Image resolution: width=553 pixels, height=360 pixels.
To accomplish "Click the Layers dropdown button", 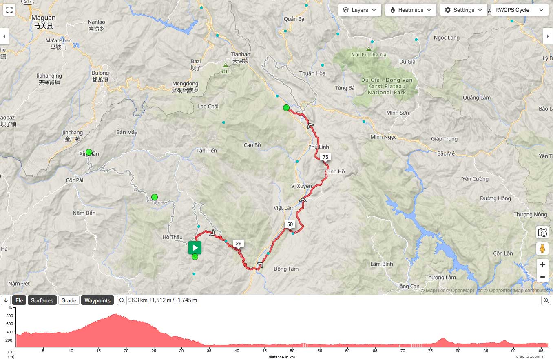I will tap(360, 10).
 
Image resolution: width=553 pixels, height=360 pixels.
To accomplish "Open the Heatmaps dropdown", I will tap(411, 10).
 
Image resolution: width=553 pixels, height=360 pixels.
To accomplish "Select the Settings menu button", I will tap(464, 10).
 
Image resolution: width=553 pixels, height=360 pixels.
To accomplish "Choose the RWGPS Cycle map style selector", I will tap(520, 10).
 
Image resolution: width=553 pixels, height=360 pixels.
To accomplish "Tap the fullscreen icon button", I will tap(10, 10).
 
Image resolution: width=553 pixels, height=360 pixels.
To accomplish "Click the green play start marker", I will tap(195, 248).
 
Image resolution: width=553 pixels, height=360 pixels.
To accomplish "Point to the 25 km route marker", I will tap(239, 244).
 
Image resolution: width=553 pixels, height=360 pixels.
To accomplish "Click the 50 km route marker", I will tap(290, 224).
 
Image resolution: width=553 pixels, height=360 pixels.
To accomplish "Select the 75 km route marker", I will tap(325, 157).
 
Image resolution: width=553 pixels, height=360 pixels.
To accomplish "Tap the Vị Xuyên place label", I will tap(301, 186).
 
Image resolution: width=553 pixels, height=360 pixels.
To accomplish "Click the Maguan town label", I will tap(44, 18).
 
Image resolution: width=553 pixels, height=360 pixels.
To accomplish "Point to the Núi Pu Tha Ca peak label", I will tap(369, 55).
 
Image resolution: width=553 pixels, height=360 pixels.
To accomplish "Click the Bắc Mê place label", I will tap(445, 153).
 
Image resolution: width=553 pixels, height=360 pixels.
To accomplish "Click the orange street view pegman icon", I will tap(542, 248).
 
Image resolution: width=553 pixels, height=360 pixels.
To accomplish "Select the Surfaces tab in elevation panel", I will tap(42, 300).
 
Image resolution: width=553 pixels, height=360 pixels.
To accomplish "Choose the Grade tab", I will tap(69, 300).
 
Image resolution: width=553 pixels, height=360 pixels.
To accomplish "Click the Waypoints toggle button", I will tap(97, 300).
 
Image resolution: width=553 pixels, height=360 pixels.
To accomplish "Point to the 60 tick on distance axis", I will tap(347, 350).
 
